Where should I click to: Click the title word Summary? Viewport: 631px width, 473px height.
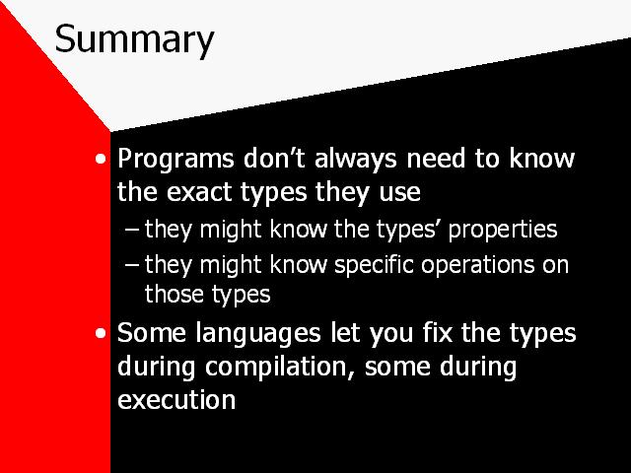(134, 39)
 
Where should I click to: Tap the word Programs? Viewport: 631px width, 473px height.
(175, 160)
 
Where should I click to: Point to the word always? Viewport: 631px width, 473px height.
(356, 160)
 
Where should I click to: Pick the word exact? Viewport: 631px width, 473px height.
(199, 192)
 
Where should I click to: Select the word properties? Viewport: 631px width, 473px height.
(503, 231)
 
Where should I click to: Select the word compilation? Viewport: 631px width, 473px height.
(276, 368)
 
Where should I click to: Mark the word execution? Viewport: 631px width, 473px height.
(176, 400)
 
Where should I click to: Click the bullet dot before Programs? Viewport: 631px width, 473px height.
(101, 159)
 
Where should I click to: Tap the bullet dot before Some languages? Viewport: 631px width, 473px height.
(101, 333)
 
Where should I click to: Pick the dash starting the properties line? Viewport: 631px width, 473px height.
(131, 230)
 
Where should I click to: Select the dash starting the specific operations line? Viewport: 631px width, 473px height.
(131, 265)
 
